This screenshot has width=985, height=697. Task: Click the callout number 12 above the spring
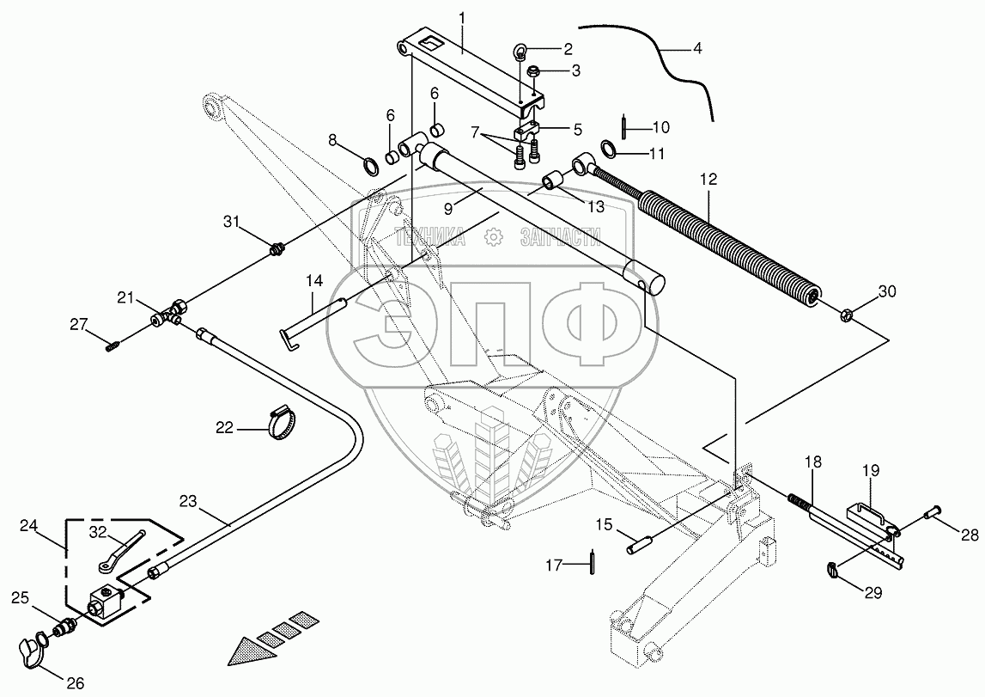(708, 181)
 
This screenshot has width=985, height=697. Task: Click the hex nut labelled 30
(845, 312)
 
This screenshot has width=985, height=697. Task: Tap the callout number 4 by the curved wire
(697, 49)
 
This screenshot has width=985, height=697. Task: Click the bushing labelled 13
(550, 182)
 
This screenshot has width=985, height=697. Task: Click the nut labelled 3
(533, 71)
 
